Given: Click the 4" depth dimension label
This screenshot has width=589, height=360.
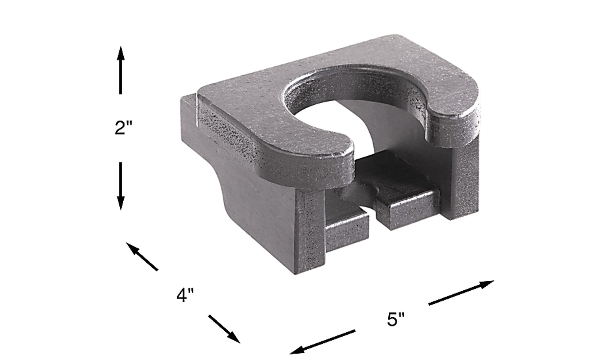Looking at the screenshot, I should [x=185, y=295].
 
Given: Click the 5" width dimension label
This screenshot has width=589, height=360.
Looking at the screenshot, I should [x=396, y=319].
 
